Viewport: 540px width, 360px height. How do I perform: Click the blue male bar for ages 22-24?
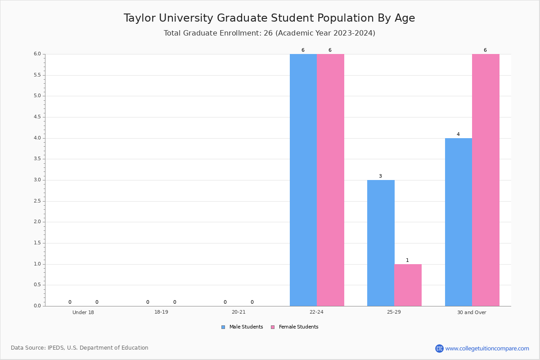click(x=303, y=180)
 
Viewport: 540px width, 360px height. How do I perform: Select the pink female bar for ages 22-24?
click(x=330, y=180)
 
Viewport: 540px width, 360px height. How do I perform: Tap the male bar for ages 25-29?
click(x=381, y=243)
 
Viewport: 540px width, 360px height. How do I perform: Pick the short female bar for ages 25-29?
click(x=408, y=285)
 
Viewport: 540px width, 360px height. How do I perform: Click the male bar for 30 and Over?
click(x=459, y=222)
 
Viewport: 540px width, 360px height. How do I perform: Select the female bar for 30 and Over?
click(x=486, y=180)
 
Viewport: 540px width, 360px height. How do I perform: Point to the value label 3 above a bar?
click(x=380, y=176)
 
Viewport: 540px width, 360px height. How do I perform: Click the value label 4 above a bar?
click(x=458, y=135)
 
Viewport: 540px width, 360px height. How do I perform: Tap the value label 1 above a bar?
click(x=407, y=261)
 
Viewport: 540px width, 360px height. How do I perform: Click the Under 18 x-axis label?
click(x=83, y=312)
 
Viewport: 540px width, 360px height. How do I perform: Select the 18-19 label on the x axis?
click(x=161, y=312)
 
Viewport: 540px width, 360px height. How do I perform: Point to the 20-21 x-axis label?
click(x=238, y=312)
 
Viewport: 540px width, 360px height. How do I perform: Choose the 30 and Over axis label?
click(x=472, y=312)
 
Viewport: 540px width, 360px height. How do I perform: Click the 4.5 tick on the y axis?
click(x=37, y=117)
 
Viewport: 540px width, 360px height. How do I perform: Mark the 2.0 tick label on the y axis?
click(x=37, y=222)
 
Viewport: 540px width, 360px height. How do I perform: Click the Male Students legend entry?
click(x=246, y=327)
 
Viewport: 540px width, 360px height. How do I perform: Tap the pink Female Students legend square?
click(x=273, y=327)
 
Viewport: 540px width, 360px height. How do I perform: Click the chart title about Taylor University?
click(x=269, y=18)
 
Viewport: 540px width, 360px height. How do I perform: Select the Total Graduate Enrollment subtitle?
click(x=269, y=33)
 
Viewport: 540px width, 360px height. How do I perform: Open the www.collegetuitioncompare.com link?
click(x=487, y=348)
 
